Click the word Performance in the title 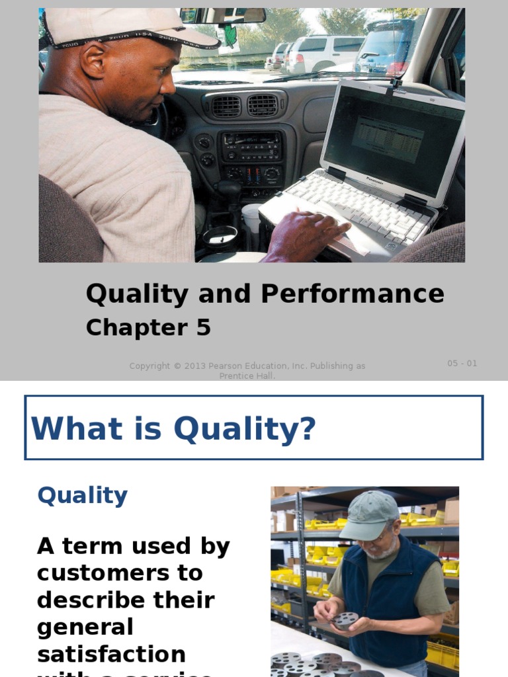[x=352, y=294]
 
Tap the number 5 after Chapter [x=202, y=328]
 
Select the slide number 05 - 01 [x=462, y=363]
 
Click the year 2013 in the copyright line [x=191, y=366]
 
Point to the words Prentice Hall [x=247, y=376]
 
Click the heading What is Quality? [x=173, y=428]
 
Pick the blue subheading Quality [x=83, y=495]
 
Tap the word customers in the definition [x=120, y=573]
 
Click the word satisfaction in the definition [x=111, y=654]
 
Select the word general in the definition [x=85, y=627]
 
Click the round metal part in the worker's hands [x=345, y=619]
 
